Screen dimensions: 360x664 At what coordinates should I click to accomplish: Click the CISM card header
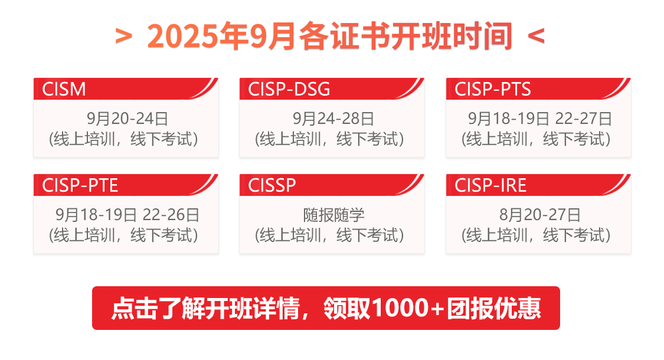point(64,89)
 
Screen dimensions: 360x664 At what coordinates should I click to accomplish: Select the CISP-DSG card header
point(289,89)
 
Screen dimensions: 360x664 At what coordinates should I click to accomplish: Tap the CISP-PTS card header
point(493,89)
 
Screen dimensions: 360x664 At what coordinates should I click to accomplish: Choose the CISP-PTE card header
point(80,185)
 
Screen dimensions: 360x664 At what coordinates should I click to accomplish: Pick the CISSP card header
point(272,185)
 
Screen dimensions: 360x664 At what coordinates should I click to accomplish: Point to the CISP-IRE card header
point(490,185)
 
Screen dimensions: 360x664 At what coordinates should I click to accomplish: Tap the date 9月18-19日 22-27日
point(539,119)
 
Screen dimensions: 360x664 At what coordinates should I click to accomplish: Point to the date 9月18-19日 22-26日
point(127,215)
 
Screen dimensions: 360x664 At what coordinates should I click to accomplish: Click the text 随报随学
point(333,215)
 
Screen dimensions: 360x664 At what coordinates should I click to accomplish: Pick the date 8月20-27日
point(539,215)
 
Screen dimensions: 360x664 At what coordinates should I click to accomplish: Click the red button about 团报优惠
point(326,308)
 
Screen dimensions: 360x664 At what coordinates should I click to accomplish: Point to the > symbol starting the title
point(123,37)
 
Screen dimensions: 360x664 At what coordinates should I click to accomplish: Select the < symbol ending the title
point(535,37)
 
